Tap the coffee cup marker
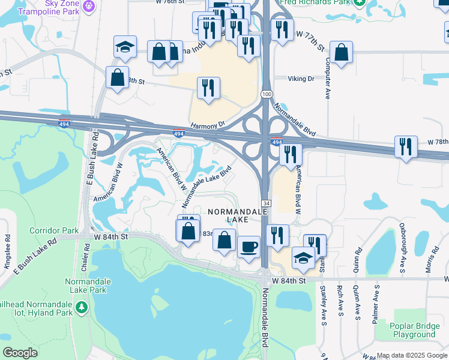(248, 247)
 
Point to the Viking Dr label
(301, 79)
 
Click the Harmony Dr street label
(207, 125)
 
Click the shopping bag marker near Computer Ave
(341, 53)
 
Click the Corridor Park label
(53, 230)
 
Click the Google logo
(20, 353)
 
